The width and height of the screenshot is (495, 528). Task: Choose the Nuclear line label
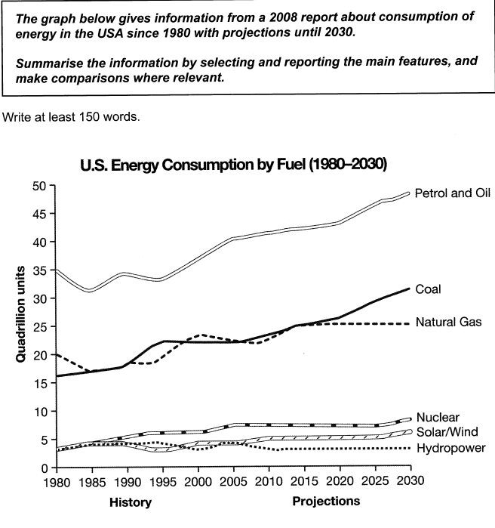[x=438, y=417]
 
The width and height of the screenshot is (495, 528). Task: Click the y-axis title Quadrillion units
[x=23, y=313]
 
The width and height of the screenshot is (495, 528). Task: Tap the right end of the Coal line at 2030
[x=409, y=288]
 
